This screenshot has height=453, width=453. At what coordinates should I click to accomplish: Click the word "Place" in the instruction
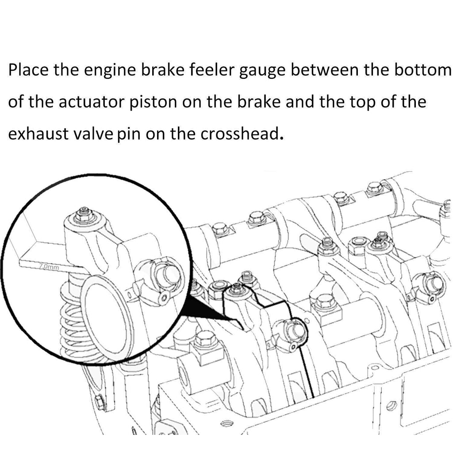click(28, 70)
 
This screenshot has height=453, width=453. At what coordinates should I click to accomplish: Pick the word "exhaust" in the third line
click(38, 134)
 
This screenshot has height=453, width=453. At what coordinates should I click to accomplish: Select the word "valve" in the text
click(94, 134)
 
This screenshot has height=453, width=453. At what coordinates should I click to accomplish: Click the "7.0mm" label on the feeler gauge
click(49, 267)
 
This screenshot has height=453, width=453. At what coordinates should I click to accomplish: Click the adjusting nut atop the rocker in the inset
click(84, 215)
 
